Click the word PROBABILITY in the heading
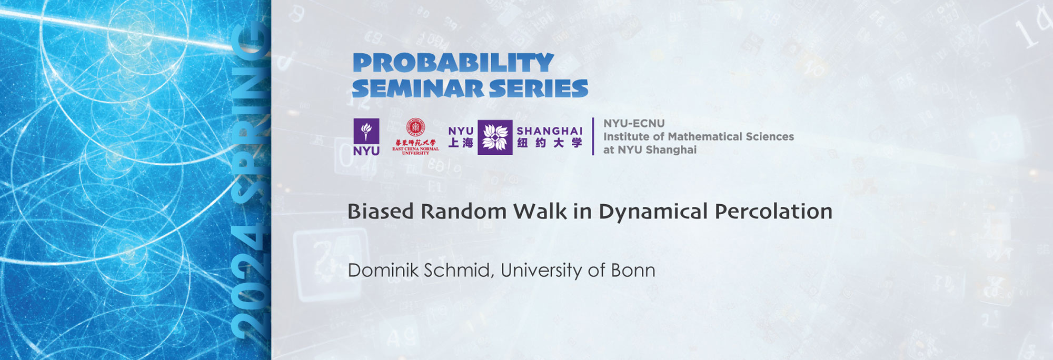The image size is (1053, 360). [453, 63]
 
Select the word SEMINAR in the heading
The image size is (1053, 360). [418, 89]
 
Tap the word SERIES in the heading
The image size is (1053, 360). [538, 89]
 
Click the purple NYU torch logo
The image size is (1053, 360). [366, 136]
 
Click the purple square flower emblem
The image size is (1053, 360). [495, 137]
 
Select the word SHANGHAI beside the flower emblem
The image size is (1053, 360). [549, 131]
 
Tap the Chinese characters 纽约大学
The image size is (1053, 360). [549, 143]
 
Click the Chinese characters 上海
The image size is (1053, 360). [461, 143]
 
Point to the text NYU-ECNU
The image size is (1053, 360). [634, 123]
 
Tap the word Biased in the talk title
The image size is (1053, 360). [380, 212]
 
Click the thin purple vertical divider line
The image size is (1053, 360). [593, 136]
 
